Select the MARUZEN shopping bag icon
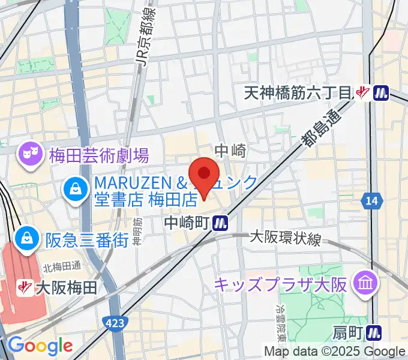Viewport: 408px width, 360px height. tap(76, 190)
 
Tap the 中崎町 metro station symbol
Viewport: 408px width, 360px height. tap(221, 223)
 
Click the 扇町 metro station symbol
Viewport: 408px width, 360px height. tap(376, 331)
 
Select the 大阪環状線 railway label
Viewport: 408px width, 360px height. tap(286, 238)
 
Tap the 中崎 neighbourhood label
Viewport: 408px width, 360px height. tap(230, 151)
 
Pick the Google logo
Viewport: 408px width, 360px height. tap(40, 346)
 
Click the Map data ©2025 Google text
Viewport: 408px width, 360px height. tap(335, 352)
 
